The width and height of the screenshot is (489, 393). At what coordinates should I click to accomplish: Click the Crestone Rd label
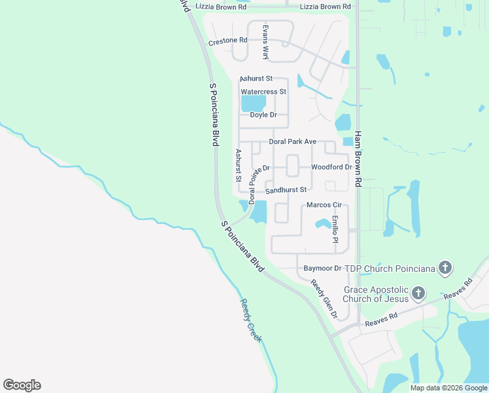pos(228,41)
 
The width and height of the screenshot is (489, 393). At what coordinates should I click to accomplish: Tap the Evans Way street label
pos(265,43)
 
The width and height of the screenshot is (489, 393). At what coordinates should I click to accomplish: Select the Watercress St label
pos(263,92)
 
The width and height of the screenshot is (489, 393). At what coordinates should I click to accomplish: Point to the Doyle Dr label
pos(263,115)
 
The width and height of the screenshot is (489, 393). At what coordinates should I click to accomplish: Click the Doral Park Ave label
pos(292,141)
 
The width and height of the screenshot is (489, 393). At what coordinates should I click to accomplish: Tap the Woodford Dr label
pos(331,167)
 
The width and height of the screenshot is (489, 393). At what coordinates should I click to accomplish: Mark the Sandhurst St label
pos(286,190)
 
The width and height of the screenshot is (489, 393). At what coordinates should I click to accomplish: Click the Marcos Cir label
pos(324,206)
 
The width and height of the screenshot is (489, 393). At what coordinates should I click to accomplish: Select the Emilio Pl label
pos(335,229)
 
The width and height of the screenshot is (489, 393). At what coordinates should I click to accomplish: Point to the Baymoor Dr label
pos(323,269)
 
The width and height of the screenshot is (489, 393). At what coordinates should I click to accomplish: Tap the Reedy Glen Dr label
pos(324,299)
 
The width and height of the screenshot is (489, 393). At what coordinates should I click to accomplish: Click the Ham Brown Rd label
pos(358,159)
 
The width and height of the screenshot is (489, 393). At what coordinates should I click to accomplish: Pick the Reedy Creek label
pos(251,321)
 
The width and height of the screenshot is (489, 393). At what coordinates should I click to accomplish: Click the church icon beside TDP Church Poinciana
pos(445,267)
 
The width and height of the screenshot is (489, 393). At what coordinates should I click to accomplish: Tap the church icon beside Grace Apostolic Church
pos(418,293)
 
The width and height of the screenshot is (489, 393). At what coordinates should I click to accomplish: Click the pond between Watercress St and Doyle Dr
pos(254,103)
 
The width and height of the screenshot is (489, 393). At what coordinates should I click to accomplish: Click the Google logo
pos(22,385)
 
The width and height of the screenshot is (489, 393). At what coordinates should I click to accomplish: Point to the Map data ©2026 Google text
pos(448,388)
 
